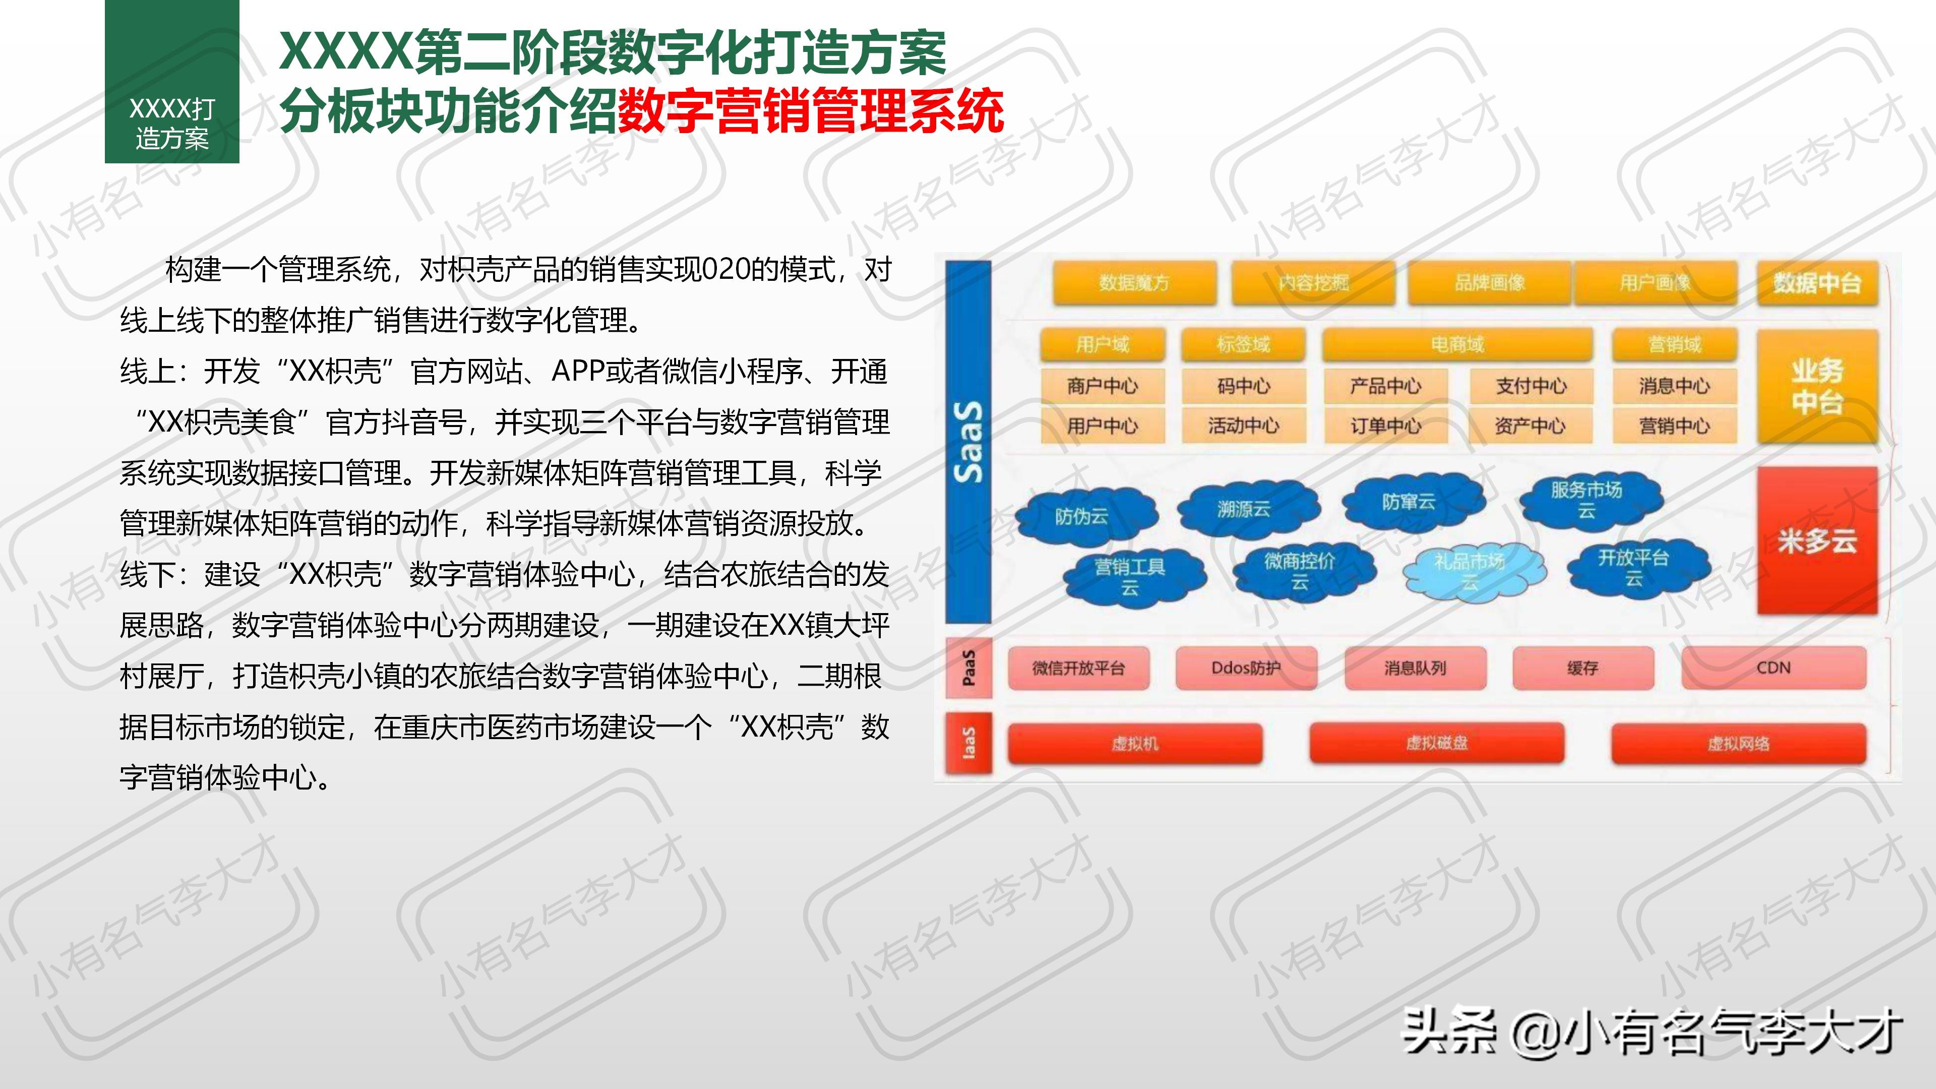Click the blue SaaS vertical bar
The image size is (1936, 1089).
point(968,442)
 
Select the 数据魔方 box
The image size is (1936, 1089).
point(1134,282)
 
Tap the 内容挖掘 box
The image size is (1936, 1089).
point(1313,282)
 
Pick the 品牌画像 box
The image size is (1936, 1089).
point(1489,282)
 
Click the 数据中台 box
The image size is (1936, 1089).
point(1817,283)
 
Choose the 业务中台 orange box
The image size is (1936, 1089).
point(1817,386)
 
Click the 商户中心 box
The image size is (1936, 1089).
point(1103,386)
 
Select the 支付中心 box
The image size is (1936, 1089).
point(1530,386)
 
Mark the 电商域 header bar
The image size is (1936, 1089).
point(1457,344)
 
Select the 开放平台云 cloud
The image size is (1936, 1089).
point(1633,567)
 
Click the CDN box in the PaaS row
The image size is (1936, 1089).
point(1773,668)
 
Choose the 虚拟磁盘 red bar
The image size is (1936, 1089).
point(1436,743)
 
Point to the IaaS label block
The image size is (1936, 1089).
point(968,743)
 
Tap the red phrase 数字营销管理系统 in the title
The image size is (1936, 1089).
point(810,110)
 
